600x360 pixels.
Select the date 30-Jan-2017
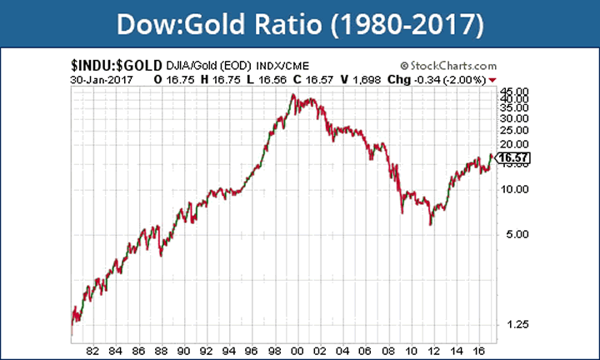click(103, 78)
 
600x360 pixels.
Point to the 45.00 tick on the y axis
click(510, 92)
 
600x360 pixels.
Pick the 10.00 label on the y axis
click(510, 189)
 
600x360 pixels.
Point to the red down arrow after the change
click(493, 79)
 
